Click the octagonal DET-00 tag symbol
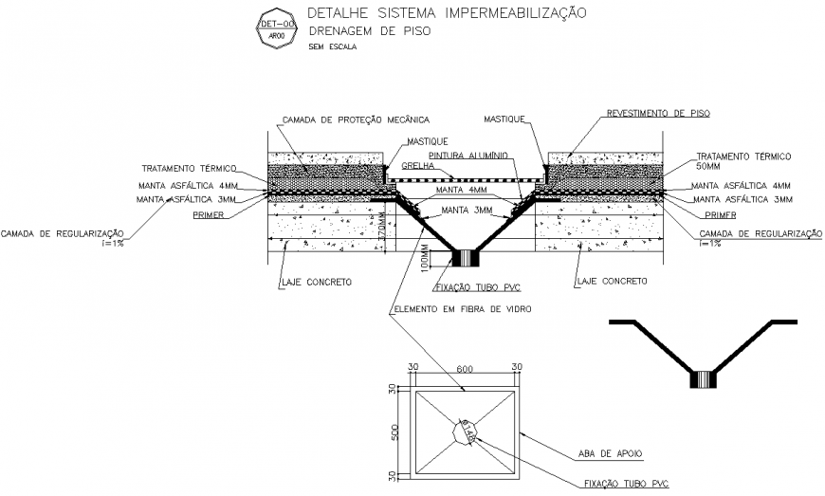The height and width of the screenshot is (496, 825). pyautogui.click(x=276, y=28)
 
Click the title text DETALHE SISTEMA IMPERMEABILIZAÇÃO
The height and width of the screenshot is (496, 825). pyautogui.click(x=447, y=13)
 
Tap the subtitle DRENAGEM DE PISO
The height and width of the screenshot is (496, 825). pyautogui.click(x=369, y=31)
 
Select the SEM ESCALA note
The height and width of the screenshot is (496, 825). pyautogui.click(x=332, y=46)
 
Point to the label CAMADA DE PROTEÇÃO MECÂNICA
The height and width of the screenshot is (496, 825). pyautogui.click(x=356, y=119)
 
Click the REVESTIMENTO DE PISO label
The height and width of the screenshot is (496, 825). pyautogui.click(x=658, y=113)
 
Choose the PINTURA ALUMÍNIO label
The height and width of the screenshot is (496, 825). pyautogui.click(x=468, y=154)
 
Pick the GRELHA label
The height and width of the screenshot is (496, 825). pyautogui.click(x=417, y=165)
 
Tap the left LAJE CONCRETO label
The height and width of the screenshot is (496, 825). pyautogui.click(x=317, y=282)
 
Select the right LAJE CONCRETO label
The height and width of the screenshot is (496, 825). pyautogui.click(x=613, y=282)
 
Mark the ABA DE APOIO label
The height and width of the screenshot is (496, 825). pyautogui.click(x=609, y=453)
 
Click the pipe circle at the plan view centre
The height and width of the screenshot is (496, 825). pyautogui.click(x=464, y=432)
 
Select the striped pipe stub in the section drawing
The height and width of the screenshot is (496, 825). pyautogui.click(x=466, y=257)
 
